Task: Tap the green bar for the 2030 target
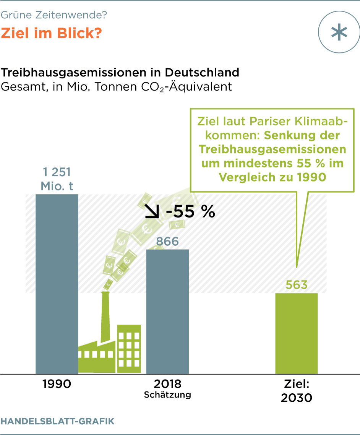296,333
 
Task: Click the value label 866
167,242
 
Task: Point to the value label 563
297,285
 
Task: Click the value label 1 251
57,172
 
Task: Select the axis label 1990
57,384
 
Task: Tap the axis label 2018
167,383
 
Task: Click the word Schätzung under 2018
167,395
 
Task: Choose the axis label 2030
297,398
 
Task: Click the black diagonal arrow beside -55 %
152,211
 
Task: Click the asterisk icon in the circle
339,33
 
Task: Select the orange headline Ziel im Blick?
51,33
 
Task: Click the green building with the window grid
129,348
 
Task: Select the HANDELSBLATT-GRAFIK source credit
57,421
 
